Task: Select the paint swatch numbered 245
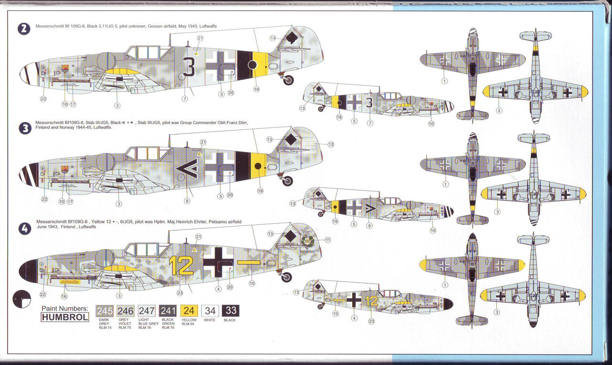105,311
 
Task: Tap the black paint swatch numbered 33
231,311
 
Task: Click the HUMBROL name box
65,317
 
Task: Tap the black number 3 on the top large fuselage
189,68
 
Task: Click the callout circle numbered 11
328,240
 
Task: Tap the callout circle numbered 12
330,144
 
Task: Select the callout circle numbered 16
64,297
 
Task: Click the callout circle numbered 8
187,201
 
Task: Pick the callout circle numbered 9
369,226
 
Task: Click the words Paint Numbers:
65,308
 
